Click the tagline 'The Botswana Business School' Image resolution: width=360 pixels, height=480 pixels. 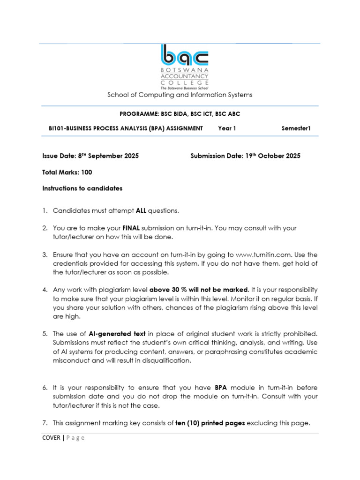[x=184, y=88]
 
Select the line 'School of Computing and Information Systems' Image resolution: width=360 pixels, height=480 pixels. [x=180, y=95]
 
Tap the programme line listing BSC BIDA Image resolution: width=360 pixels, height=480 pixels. [x=180, y=114]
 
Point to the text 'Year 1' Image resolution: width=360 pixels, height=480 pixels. [x=227, y=128]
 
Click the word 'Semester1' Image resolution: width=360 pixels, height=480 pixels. [x=296, y=128]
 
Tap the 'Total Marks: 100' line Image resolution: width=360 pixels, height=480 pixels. [x=67, y=172]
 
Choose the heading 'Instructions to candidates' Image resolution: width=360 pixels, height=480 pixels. [x=82, y=188]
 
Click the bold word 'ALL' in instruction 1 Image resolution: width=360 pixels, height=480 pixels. [x=141, y=211]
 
